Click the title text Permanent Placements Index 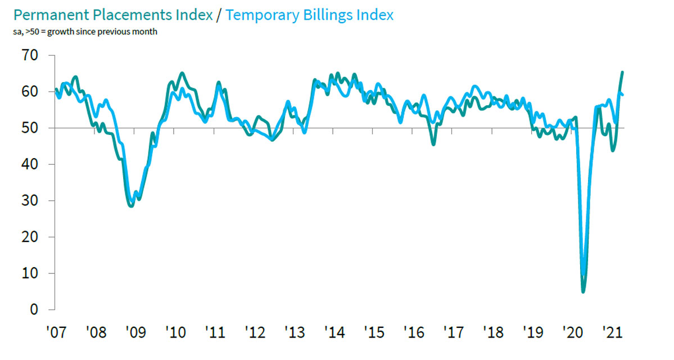pyautogui.click(x=107, y=15)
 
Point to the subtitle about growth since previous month pyautogui.click(x=82, y=31)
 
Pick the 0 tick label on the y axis pyautogui.click(x=34, y=309)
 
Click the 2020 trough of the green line pyautogui.click(x=583, y=291)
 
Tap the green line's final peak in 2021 pyautogui.click(x=622, y=72)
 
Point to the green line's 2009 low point pyautogui.click(x=131, y=206)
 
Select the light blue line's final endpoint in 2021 pyautogui.click(x=622, y=94)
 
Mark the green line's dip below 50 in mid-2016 pyautogui.click(x=433, y=145)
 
